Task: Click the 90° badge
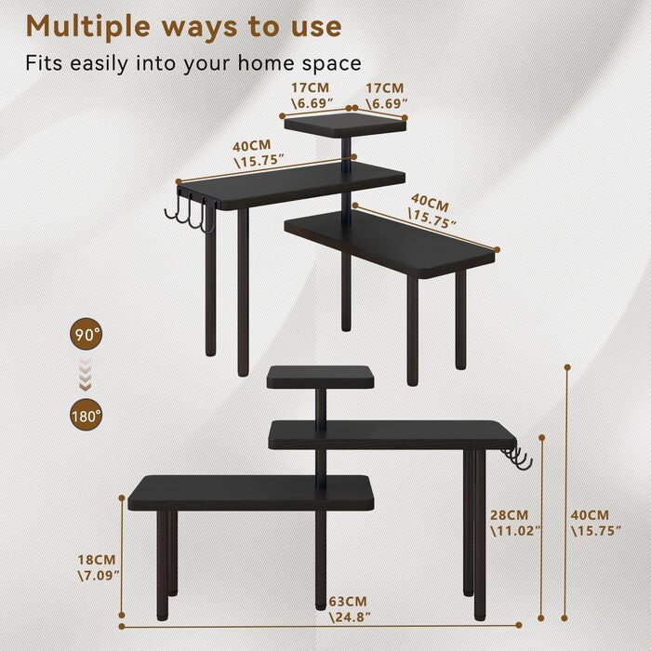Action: [86, 335]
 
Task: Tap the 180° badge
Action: [86, 416]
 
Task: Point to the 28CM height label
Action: [515, 523]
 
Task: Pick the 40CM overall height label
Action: [595, 523]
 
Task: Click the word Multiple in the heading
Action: [88, 27]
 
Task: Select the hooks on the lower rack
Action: [518, 458]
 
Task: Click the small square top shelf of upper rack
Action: [345, 125]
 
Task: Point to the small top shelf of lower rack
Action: [320, 377]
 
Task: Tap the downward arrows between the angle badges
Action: [86, 376]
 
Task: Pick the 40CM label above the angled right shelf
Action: [431, 212]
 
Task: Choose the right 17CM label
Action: [385, 96]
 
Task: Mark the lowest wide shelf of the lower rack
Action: [251, 494]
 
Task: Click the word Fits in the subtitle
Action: [45, 62]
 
